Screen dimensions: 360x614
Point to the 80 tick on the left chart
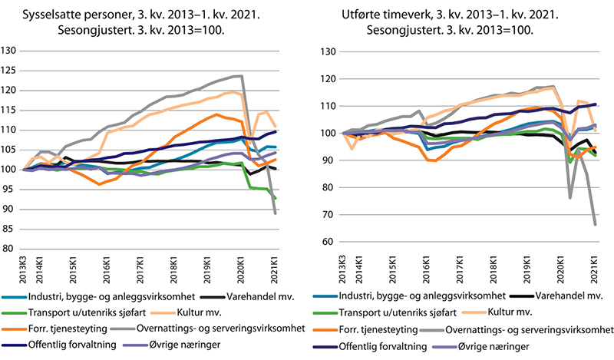coord(12,249)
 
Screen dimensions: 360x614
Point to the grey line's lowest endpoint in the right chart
coord(595,224)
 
